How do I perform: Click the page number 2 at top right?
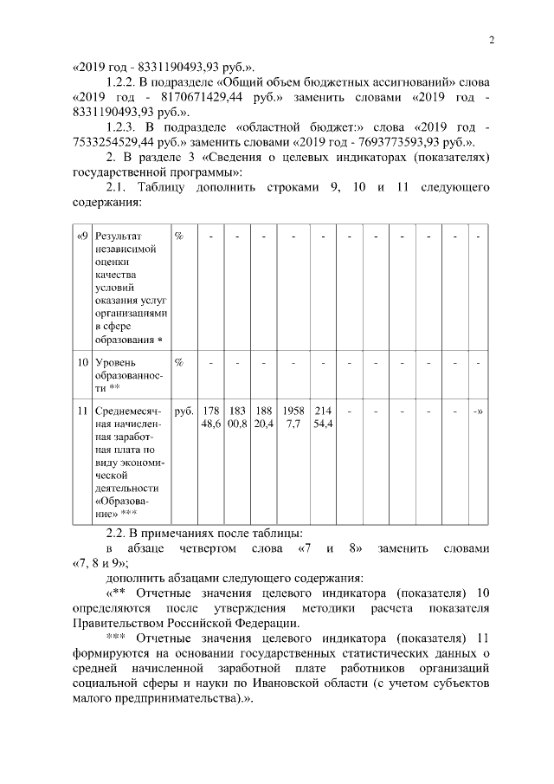point(491,40)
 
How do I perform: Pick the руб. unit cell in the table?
point(184,411)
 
